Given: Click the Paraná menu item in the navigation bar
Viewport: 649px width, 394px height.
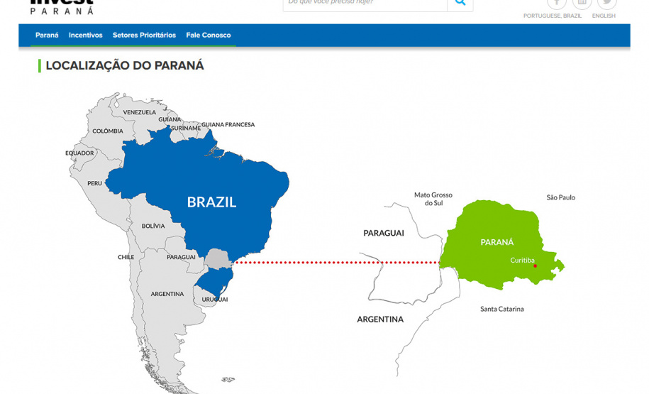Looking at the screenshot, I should (47, 35).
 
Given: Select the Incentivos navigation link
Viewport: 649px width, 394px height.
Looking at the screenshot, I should (85, 35).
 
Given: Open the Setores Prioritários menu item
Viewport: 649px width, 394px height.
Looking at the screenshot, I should (144, 35).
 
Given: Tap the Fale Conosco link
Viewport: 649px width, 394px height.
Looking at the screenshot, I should (209, 35).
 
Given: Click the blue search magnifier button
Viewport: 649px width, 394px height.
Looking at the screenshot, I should (460, 3).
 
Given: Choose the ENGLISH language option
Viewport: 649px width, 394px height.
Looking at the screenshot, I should (604, 16).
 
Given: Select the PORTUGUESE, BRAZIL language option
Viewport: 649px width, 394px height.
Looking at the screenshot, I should (553, 16).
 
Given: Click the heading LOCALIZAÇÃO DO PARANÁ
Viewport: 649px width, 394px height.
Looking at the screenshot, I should (125, 65).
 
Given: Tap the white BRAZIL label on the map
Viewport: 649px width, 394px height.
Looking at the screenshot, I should (211, 202).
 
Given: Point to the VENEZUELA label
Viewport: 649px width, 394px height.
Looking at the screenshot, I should (139, 112).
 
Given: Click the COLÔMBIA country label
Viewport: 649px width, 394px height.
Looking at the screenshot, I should (108, 131).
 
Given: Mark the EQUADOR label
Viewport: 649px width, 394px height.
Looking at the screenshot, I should (79, 153).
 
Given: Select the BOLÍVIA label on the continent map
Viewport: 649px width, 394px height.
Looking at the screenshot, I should (153, 226).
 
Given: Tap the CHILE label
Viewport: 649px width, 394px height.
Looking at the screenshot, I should (126, 257).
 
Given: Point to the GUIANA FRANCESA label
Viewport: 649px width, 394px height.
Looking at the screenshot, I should (228, 125).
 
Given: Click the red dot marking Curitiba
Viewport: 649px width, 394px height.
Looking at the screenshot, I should (536, 266).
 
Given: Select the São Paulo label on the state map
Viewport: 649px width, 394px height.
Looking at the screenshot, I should (560, 197).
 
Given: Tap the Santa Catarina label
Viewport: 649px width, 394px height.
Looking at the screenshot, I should (501, 309).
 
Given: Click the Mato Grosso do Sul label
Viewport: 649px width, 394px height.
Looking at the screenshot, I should (433, 199).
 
